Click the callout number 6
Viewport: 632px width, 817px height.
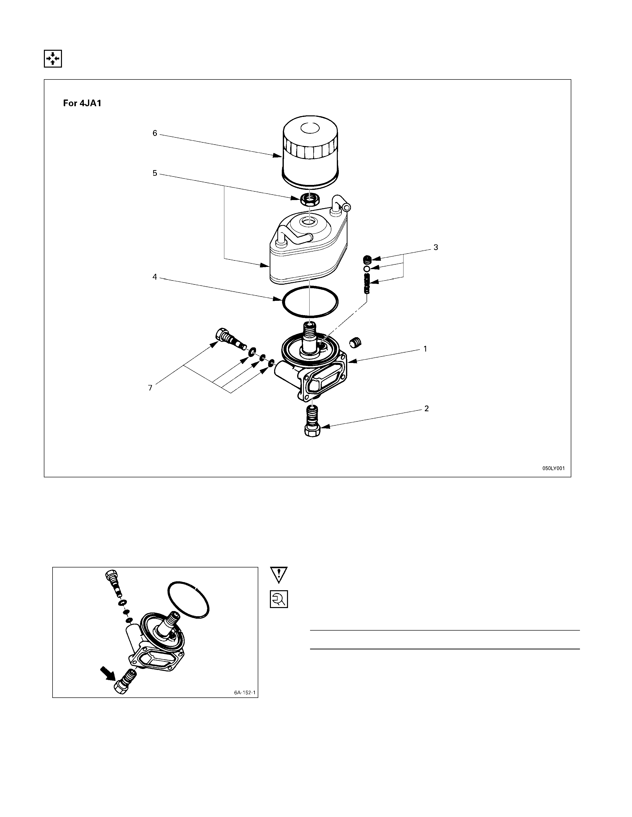click(x=155, y=133)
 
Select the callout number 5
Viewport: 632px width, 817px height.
click(x=155, y=173)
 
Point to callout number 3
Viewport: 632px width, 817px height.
click(x=435, y=247)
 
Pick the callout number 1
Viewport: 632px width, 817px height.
click(x=425, y=349)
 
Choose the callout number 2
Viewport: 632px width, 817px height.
click(x=427, y=408)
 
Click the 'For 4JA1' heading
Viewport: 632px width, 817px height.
click(x=82, y=103)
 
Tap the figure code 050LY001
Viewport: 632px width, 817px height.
click(x=554, y=468)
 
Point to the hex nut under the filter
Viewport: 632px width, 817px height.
click(x=309, y=200)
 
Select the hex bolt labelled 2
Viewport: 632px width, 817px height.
click(x=313, y=422)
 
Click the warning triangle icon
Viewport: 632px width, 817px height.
click(x=279, y=575)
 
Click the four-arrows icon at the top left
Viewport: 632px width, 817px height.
click(x=53, y=58)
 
